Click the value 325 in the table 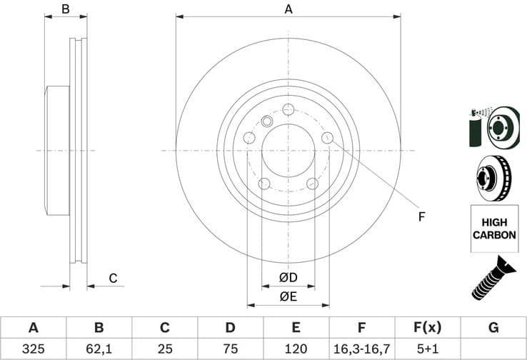click(x=33, y=349)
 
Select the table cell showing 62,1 click(x=99, y=349)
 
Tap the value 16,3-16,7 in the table click(x=361, y=349)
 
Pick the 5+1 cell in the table click(x=427, y=349)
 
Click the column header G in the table click(x=493, y=328)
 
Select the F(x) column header click(x=427, y=328)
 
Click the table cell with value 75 click(x=230, y=349)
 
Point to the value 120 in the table click(x=296, y=349)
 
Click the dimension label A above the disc click(x=288, y=9)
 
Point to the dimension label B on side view click(x=65, y=9)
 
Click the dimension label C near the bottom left click(x=112, y=279)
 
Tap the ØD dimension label click(x=288, y=277)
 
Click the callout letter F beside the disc click(x=421, y=216)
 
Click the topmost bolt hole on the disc click(x=288, y=109)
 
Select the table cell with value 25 click(x=164, y=349)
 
